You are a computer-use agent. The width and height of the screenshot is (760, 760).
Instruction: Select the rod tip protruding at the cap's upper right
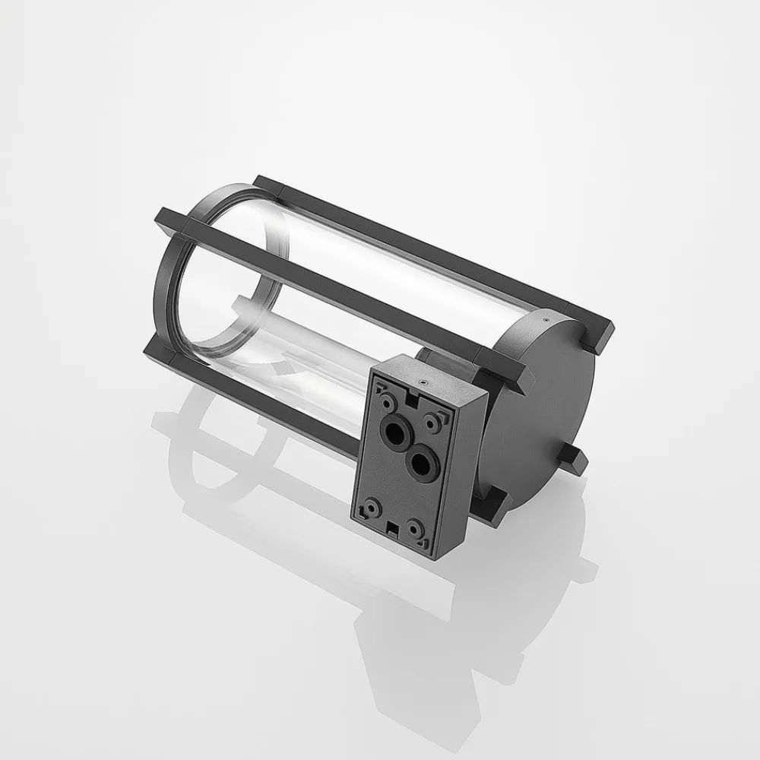[600, 334]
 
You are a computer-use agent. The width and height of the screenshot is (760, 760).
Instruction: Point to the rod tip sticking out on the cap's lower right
[576, 461]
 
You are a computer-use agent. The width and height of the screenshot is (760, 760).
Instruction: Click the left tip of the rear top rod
[262, 182]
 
